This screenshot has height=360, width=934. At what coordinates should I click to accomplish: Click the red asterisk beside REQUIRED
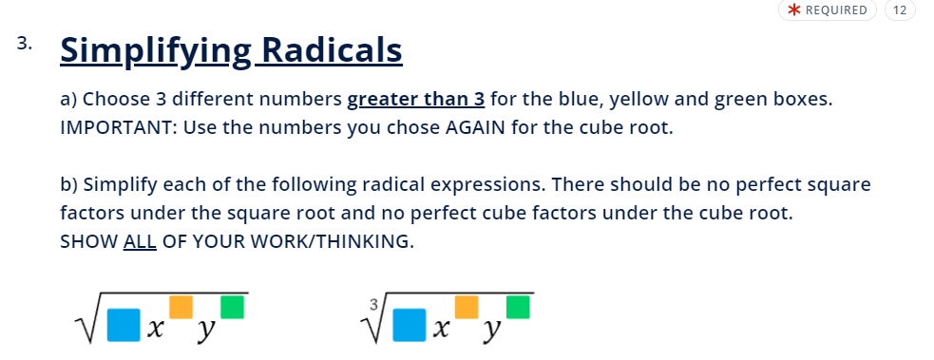(x=794, y=10)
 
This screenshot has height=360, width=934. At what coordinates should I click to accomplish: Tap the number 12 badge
(x=900, y=10)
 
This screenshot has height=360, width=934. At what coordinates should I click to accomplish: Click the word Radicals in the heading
(x=332, y=49)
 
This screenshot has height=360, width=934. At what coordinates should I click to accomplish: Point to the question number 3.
(x=24, y=44)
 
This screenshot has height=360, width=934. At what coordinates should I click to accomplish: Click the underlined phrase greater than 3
(x=416, y=99)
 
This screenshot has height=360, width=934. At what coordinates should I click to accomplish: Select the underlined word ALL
(x=140, y=241)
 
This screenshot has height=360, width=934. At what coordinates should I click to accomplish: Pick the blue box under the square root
(x=124, y=325)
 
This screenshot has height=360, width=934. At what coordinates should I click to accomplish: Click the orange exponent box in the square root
(x=181, y=307)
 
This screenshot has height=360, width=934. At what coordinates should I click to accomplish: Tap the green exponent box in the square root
(x=232, y=307)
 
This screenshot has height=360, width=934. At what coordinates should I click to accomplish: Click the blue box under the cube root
(x=410, y=325)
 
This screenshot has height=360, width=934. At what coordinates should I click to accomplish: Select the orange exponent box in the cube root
(x=467, y=307)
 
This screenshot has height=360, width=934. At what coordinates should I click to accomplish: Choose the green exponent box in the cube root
(x=518, y=307)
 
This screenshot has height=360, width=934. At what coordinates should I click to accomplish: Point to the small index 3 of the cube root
(x=373, y=305)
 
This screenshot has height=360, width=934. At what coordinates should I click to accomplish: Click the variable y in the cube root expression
(x=491, y=332)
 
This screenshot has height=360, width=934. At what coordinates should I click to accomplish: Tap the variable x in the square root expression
(x=155, y=329)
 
